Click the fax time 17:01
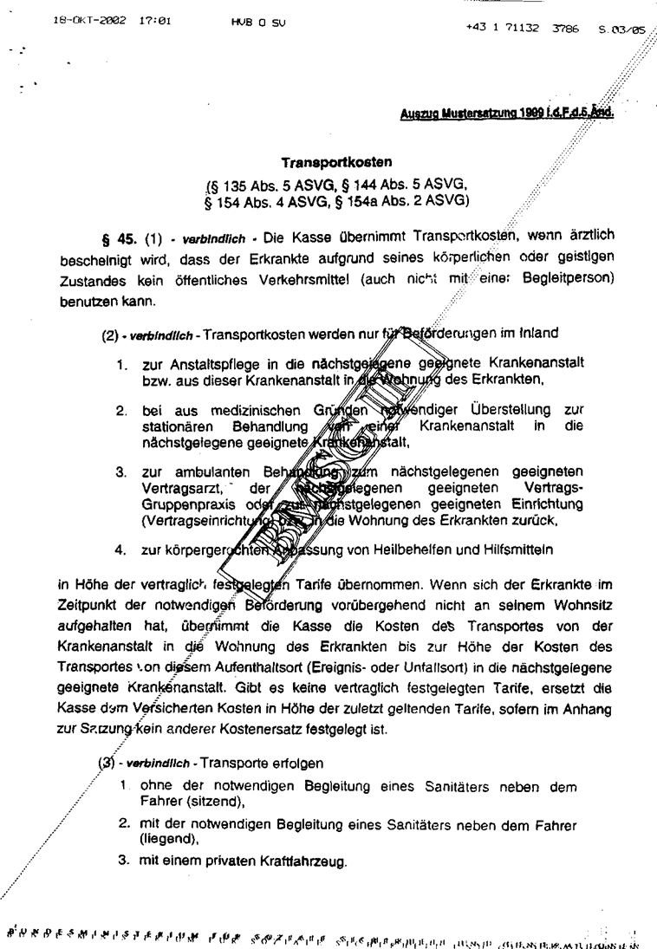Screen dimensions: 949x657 click(154, 18)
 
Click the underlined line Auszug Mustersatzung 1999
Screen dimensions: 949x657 click(506, 112)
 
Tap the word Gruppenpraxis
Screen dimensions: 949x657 click(183, 504)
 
